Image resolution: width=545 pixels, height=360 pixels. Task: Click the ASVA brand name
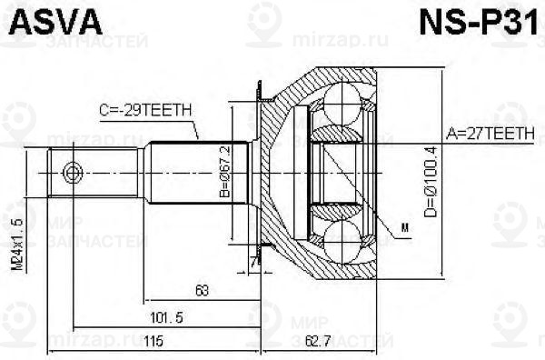(x=43, y=20)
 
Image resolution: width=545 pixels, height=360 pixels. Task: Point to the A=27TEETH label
(x=490, y=132)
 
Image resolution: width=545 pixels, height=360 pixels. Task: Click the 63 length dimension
(x=202, y=291)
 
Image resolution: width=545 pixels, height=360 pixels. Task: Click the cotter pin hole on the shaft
(x=73, y=171)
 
